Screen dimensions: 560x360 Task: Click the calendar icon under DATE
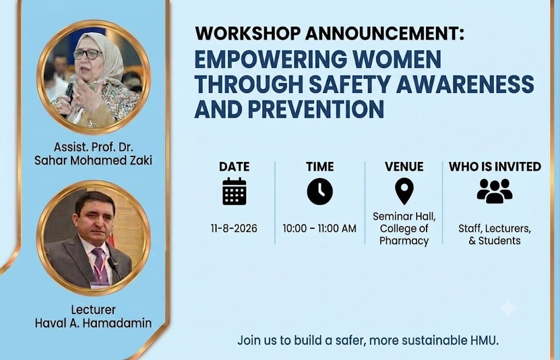234,191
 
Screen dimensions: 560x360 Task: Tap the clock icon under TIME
319,191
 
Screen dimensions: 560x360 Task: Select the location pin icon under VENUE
404,191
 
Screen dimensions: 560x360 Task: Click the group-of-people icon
494,191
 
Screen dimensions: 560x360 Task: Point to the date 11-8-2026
234,229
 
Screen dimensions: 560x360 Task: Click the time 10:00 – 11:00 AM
319,229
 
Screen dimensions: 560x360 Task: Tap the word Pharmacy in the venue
404,241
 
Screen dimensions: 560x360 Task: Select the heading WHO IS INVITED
495,167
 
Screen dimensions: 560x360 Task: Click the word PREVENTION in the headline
316,109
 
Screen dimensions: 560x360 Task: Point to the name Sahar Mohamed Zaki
93,160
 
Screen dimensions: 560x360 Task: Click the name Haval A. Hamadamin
93,323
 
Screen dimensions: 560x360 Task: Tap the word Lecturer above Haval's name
93,309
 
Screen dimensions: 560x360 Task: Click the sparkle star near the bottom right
508,308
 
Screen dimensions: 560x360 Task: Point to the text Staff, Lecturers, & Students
494,235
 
